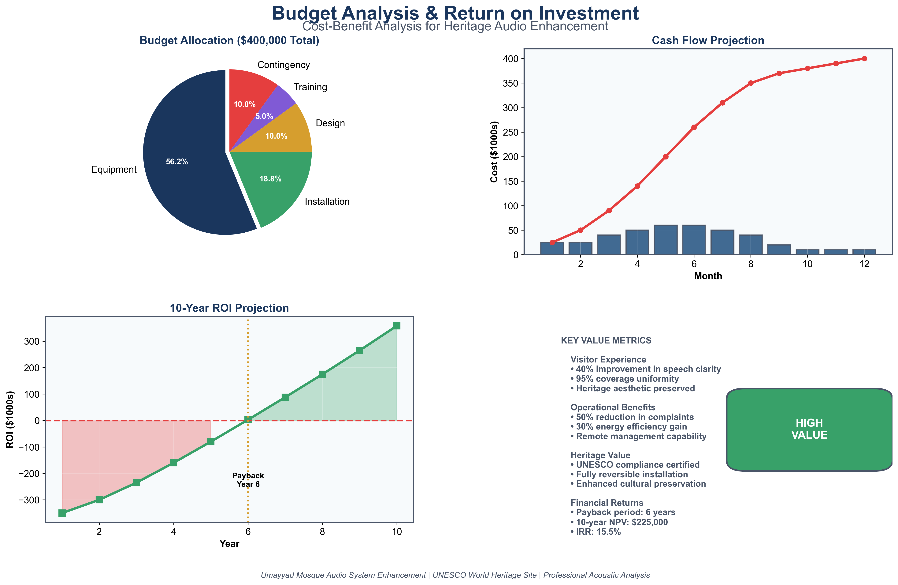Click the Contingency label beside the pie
click(283, 65)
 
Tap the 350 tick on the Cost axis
click(510, 83)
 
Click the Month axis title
click(708, 276)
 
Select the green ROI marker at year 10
click(397, 326)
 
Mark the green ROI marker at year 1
click(62, 513)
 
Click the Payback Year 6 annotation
click(248, 480)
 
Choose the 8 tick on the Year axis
click(322, 532)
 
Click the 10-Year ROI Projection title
click(229, 308)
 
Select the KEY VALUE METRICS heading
click(606, 340)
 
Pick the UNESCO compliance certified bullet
click(635, 465)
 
